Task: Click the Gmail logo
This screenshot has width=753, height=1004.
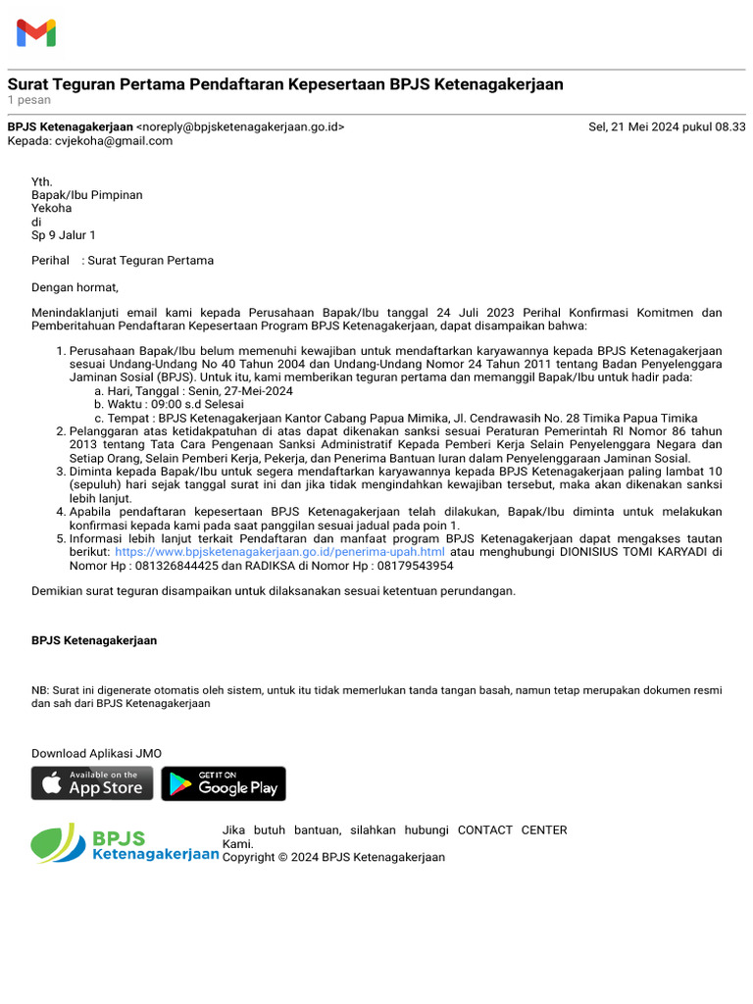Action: pos(36,33)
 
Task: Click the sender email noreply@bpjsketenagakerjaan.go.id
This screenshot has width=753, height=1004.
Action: pos(240,126)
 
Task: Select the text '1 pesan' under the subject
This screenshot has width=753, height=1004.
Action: pos(28,100)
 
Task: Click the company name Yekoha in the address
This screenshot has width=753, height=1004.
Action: pos(51,208)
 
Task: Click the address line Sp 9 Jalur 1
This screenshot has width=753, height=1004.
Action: pos(63,235)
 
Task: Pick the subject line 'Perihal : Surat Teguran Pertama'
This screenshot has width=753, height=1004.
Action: pos(123,261)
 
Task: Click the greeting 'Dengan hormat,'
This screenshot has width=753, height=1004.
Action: pos(75,287)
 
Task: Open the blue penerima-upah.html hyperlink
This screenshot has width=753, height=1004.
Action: pos(279,552)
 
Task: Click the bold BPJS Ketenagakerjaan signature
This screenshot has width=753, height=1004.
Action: pos(94,640)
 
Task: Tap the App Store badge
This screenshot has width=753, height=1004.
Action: pos(92,783)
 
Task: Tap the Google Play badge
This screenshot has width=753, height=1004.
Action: pos(224,783)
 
